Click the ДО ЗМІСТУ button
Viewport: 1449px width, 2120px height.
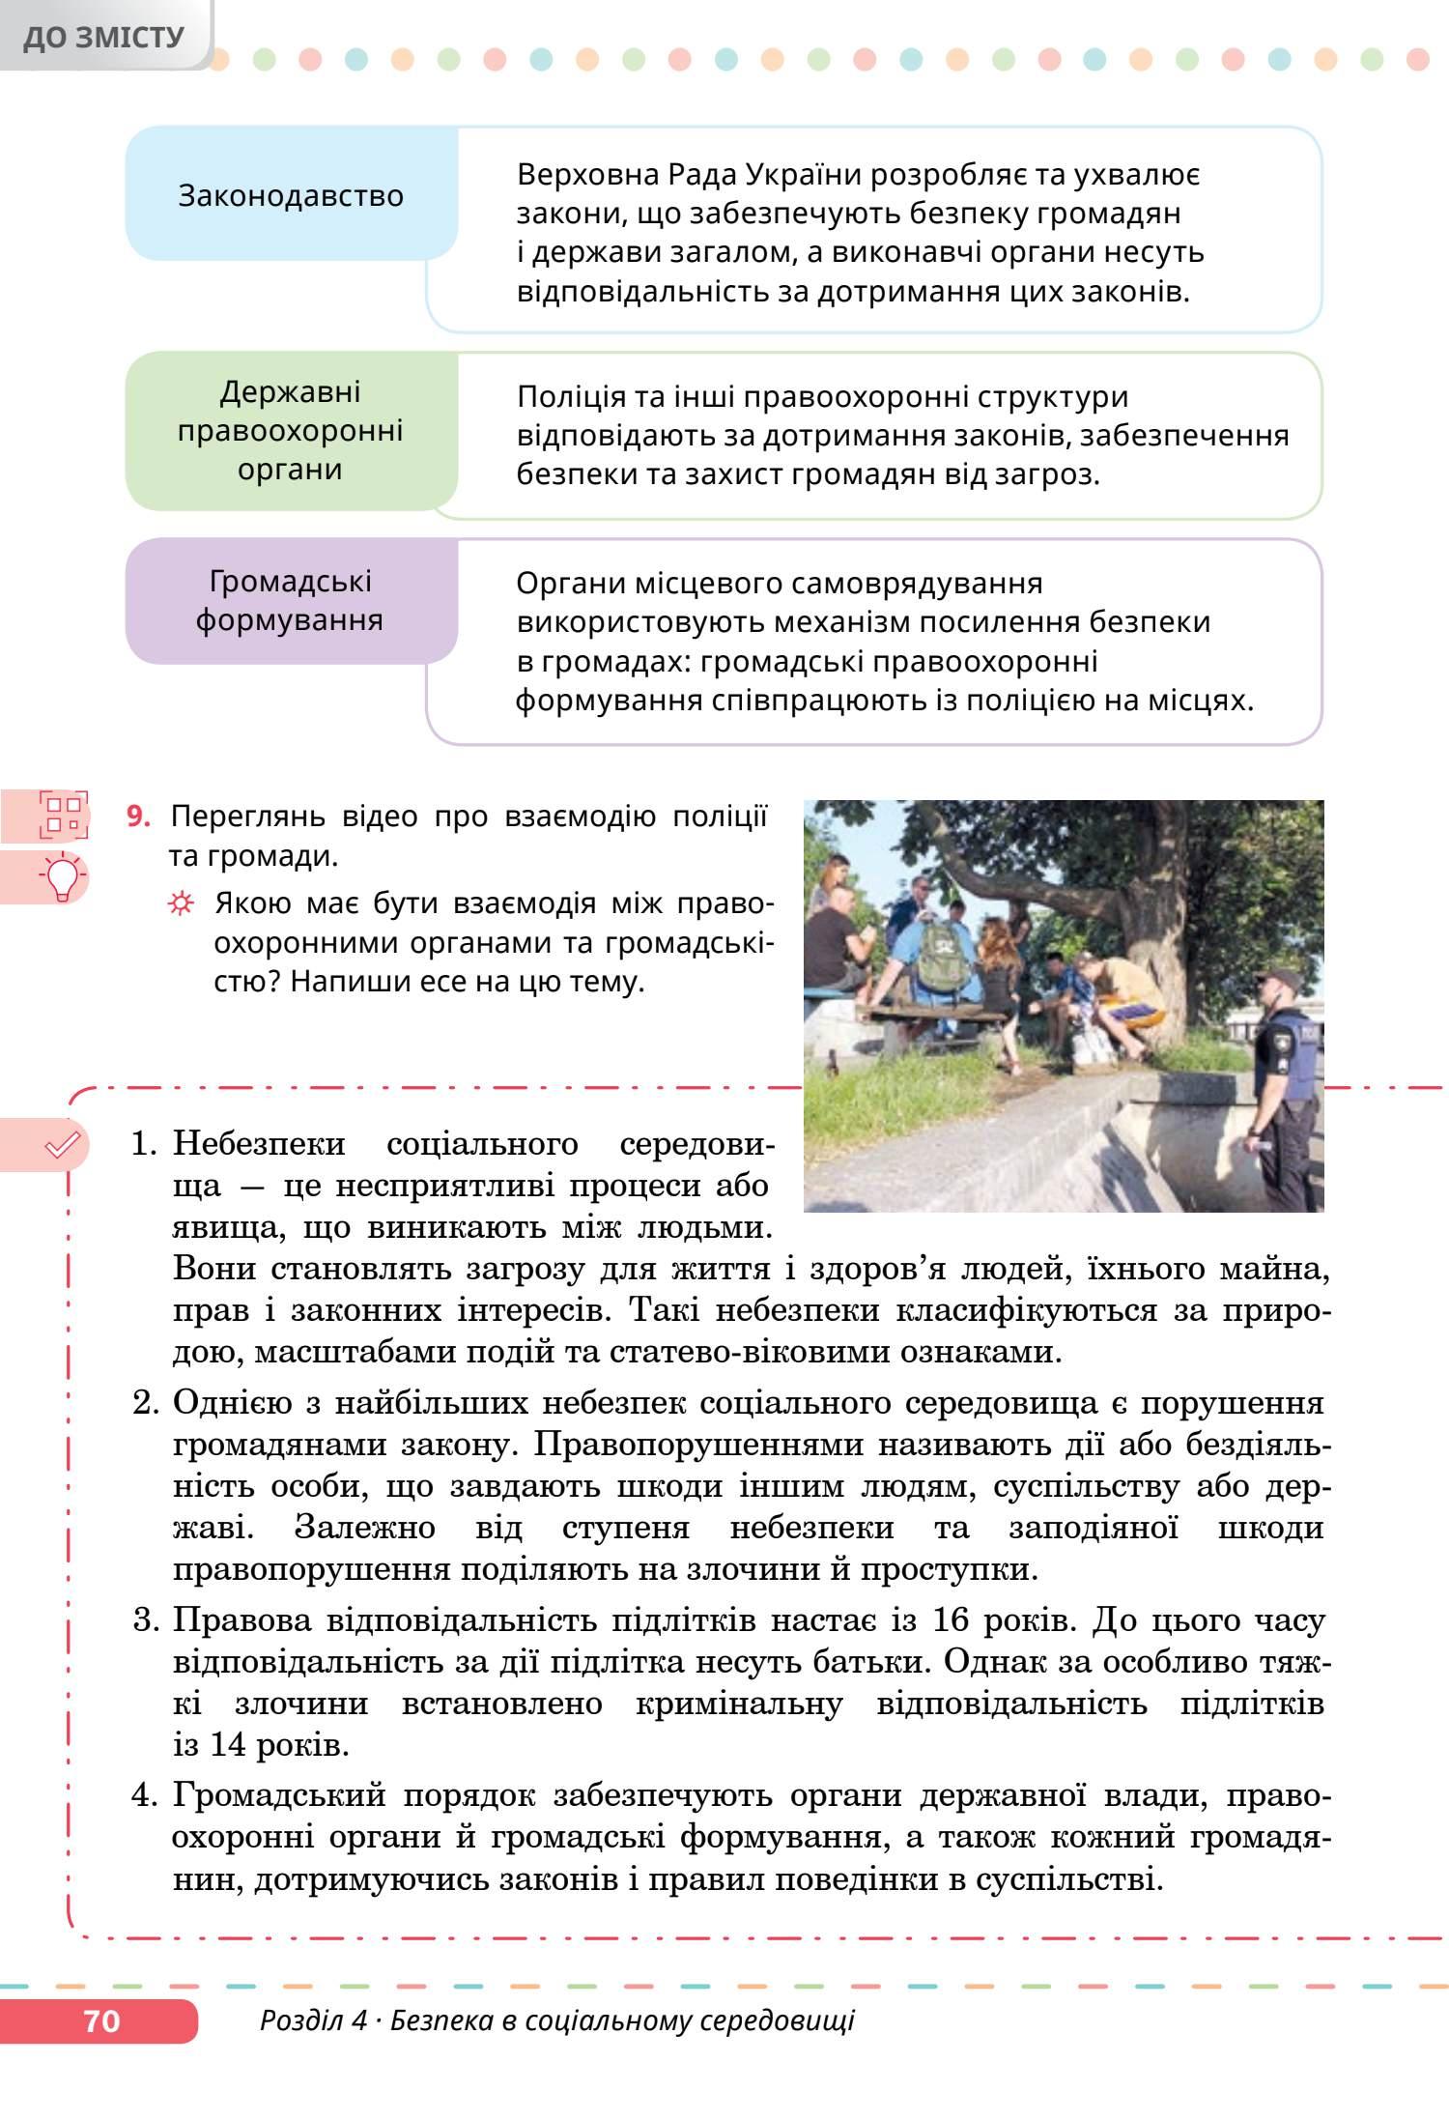click(103, 37)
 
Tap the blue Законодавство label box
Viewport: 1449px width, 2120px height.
click(291, 195)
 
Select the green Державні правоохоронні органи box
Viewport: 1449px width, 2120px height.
click(290, 431)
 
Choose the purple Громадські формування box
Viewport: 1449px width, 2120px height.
click(290, 600)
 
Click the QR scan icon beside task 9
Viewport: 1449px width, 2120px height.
click(63, 815)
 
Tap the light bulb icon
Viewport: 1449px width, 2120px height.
click(63, 877)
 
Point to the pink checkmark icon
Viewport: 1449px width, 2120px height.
click(62, 1146)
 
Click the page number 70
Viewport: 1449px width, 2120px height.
click(101, 2021)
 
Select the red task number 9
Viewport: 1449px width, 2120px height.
click(139, 817)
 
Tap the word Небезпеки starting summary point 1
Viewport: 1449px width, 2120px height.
click(259, 1144)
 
